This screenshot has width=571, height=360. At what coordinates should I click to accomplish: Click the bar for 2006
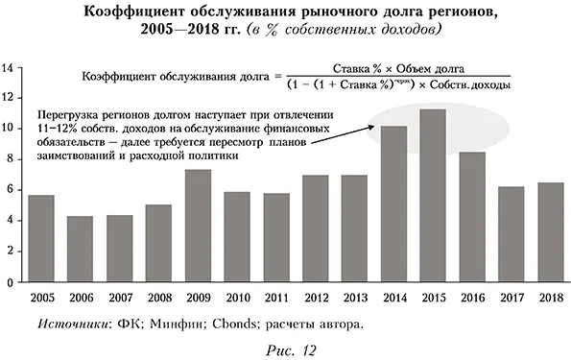pos(80,250)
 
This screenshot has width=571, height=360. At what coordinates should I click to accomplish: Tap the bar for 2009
pos(198,227)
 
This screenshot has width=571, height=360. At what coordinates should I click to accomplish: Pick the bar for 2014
pos(393,205)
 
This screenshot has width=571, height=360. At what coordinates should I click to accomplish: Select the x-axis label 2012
pos(315,297)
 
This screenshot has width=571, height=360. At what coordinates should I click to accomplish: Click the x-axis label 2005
pos(40,297)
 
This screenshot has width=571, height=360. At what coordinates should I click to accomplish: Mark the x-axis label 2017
pos(511,297)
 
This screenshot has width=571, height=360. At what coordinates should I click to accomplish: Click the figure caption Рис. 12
pos(285,349)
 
